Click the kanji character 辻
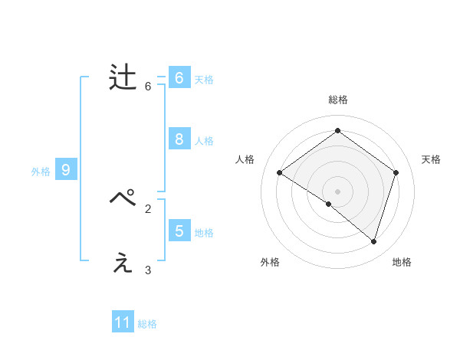click(x=123, y=78)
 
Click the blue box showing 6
click(x=179, y=78)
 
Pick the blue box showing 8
click(x=179, y=139)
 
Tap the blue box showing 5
click(x=179, y=231)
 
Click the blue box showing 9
click(x=66, y=170)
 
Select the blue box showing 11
click(x=123, y=322)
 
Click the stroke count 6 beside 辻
click(x=148, y=87)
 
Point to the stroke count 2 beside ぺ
click(x=148, y=208)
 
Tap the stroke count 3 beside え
click(x=148, y=270)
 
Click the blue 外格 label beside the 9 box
click(x=41, y=172)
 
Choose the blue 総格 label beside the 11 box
click(x=147, y=324)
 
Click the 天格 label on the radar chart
click(x=431, y=159)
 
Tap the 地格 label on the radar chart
click(x=402, y=262)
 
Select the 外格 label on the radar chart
click(x=270, y=262)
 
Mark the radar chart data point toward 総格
click(x=337, y=131)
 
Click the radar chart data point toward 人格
click(x=279, y=172)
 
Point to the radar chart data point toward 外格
click(x=329, y=204)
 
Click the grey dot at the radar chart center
click(x=337, y=191)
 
